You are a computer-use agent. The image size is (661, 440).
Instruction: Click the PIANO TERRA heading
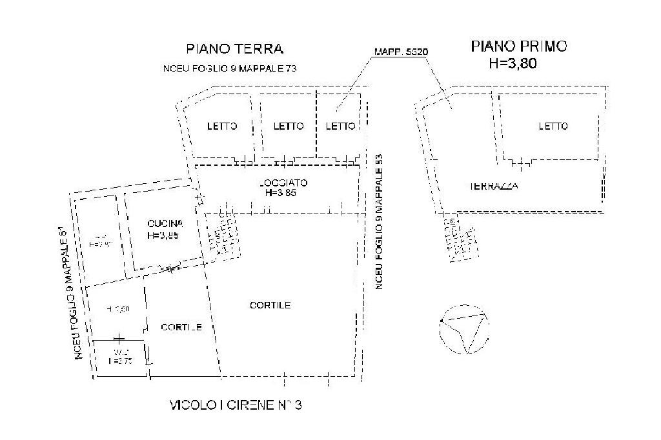(x=235, y=48)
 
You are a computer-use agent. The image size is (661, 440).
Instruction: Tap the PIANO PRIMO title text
(x=519, y=46)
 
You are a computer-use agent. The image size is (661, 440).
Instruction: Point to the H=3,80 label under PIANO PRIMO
(x=514, y=63)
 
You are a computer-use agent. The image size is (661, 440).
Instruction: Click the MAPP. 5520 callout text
(x=402, y=52)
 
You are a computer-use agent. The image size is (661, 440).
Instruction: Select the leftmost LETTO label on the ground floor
(x=222, y=126)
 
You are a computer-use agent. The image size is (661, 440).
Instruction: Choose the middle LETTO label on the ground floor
(x=288, y=126)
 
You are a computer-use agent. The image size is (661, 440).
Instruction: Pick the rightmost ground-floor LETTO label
(x=340, y=126)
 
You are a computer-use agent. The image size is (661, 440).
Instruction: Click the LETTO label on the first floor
(x=553, y=126)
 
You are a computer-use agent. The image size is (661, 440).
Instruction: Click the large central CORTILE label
(x=270, y=305)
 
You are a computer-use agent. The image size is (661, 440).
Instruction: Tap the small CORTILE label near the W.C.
(x=181, y=327)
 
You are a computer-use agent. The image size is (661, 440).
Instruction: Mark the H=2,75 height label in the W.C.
(x=120, y=361)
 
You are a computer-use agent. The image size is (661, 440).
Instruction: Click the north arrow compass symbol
(x=464, y=328)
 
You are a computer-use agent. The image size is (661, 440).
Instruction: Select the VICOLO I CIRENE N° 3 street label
(x=236, y=405)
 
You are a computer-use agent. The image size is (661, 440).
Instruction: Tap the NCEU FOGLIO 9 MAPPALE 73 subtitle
(x=230, y=68)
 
